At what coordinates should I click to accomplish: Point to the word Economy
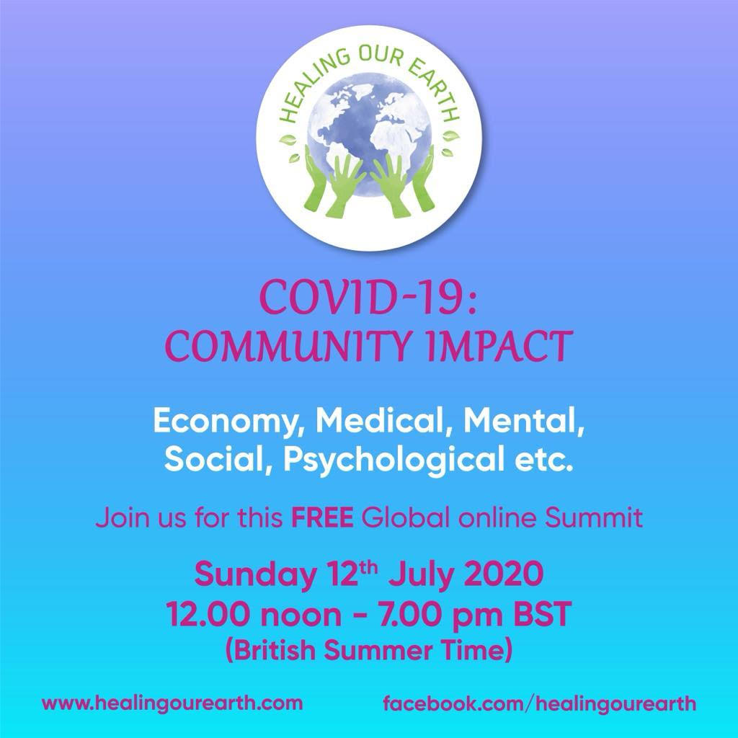pos(229,422)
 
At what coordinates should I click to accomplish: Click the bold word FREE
pos(322,517)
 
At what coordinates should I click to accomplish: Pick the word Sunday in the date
pos(255,574)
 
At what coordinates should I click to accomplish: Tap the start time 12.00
pos(207,614)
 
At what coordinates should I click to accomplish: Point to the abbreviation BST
pos(542,614)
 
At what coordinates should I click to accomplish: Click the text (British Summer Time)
pos(369,651)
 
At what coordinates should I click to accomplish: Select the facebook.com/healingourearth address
pos(539,703)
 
